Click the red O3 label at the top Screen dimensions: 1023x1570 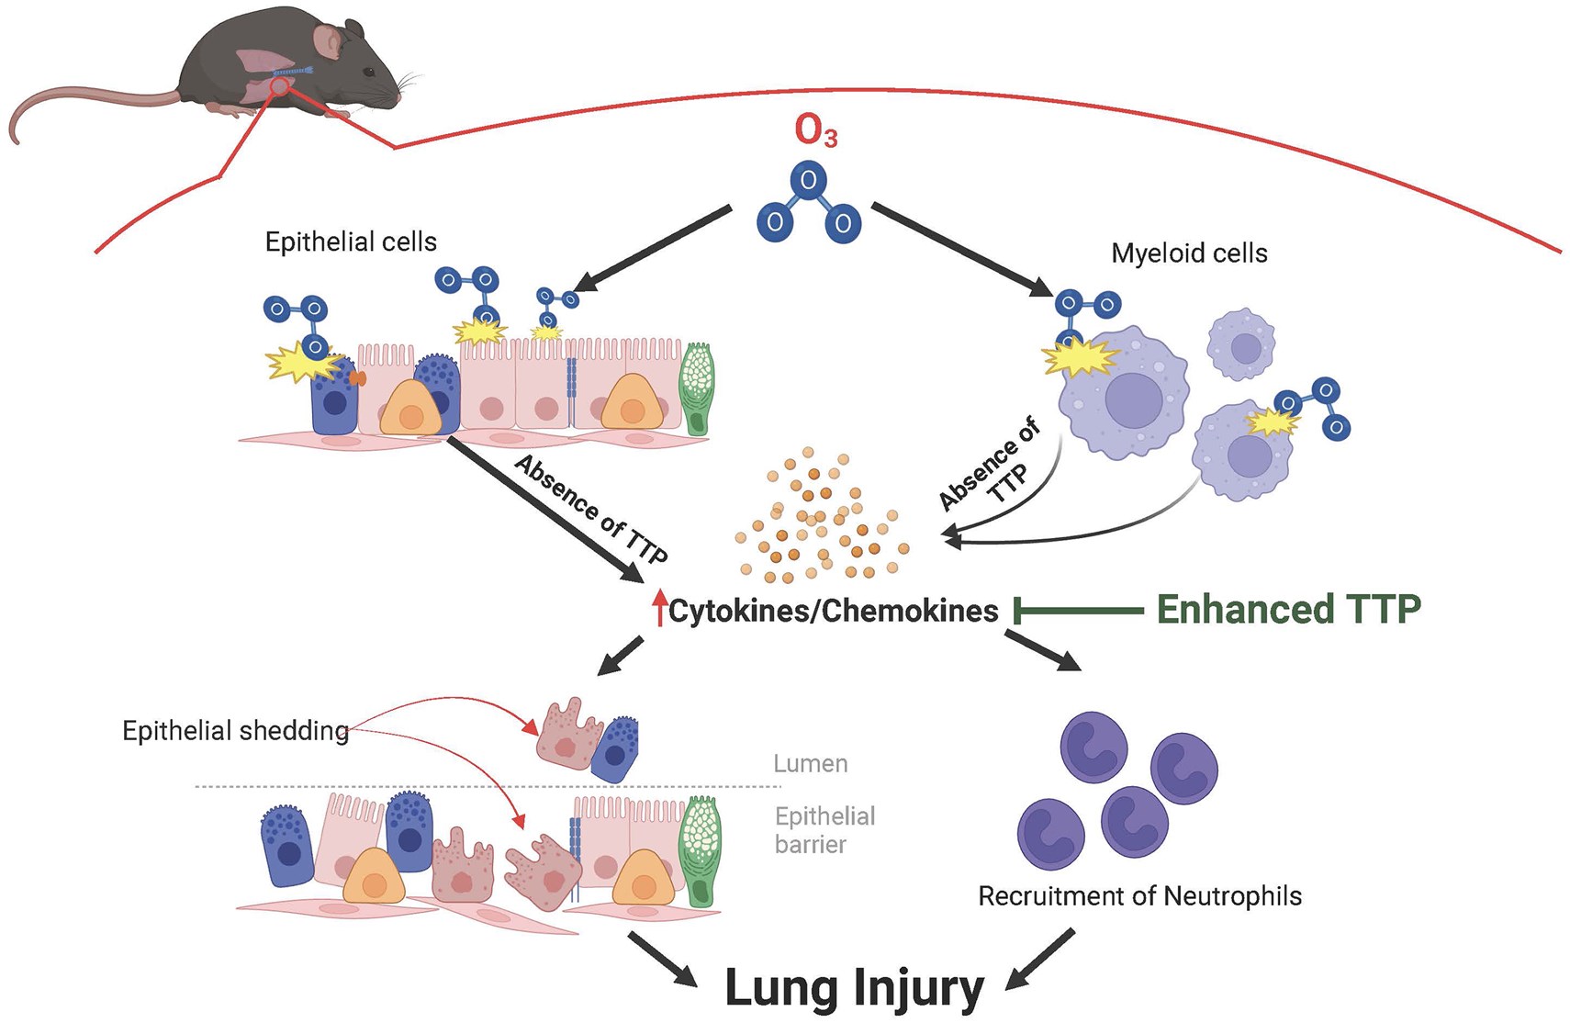(x=815, y=131)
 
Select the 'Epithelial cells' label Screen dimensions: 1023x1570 (x=351, y=242)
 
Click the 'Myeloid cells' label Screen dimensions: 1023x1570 (x=1189, y=253)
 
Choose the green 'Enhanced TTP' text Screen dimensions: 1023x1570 (x=1288, y=609)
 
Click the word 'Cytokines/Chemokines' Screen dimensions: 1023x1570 (x=833, y=611)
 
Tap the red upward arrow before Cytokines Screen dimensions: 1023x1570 (x=659, y=608)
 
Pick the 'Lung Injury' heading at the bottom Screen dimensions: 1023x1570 (x=854, y=987)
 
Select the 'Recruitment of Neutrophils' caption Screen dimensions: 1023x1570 (x=1139, y=895)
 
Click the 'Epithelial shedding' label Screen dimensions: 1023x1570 (x=235, y=730)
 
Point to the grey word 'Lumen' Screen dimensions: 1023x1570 (x=810, y=763)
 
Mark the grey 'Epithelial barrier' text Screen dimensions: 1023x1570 (x=824, y=829)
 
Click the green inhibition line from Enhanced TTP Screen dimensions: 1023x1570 (x=1079, y=610)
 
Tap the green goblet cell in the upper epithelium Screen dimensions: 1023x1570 (x=697, y=388)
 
